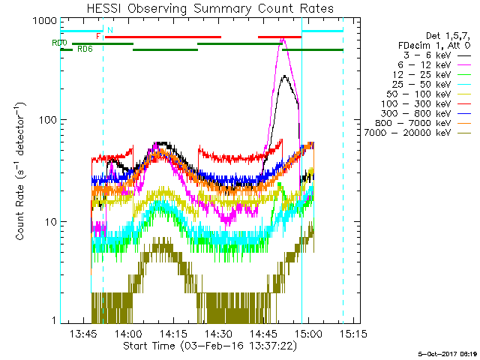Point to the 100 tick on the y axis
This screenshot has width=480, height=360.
46,120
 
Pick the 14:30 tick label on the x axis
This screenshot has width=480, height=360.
219,333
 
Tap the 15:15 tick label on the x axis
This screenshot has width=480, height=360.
352,333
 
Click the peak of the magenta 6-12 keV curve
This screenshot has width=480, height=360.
283,39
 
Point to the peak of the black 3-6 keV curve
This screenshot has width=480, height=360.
284,76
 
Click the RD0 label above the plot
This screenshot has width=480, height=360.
59,43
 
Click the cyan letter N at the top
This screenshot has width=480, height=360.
110,30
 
